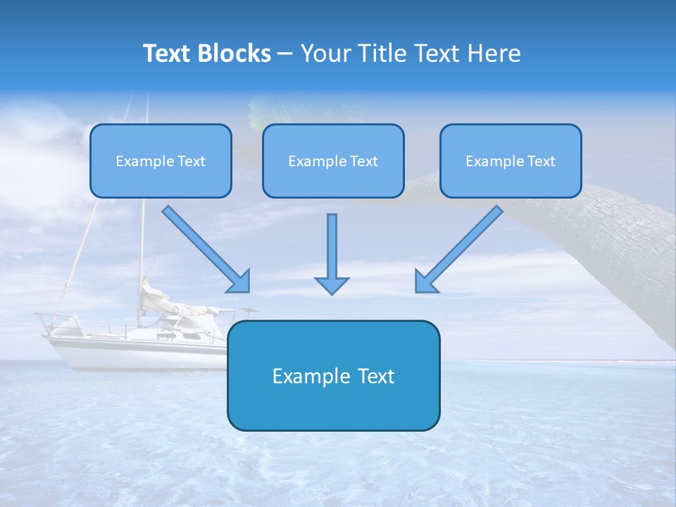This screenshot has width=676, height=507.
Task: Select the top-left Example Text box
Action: pos(161,161)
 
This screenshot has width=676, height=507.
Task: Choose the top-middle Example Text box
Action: pos(333,161)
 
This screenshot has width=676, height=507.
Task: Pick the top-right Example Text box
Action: pos(511,161)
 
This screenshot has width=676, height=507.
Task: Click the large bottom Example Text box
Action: pos(333,375)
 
